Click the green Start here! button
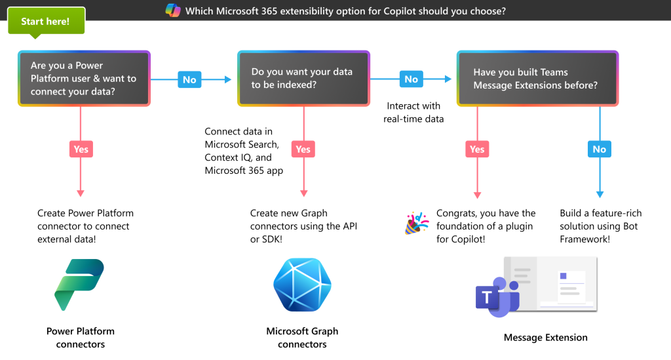click(x=46, y=21)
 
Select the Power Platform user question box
click(x=84, y=78)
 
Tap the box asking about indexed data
click(x=303, y=78)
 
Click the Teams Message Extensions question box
click(x=537, y=78)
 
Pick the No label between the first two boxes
click(x=189, y=79)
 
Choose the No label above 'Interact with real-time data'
click(x=412, y=79)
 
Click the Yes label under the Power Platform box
click(x=81, y=150)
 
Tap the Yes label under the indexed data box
click(x=303, y=150)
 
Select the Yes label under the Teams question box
click(x=477, y=150)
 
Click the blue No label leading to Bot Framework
click(x=600, y=150)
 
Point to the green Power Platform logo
click(x=79, y=285)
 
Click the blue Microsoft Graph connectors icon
click(x=303, y=285)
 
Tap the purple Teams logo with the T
click(x=497, y=297)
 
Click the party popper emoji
click(x=416, y=223)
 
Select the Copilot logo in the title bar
click(x=173, y=10)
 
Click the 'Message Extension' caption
click(x=546, y=337)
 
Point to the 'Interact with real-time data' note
click(x=413, y=112)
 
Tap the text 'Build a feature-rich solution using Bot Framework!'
click(x=601, y=226)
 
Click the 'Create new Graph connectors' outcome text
click(x=303, y=226)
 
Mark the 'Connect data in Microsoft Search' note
click(x=244, y=151)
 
